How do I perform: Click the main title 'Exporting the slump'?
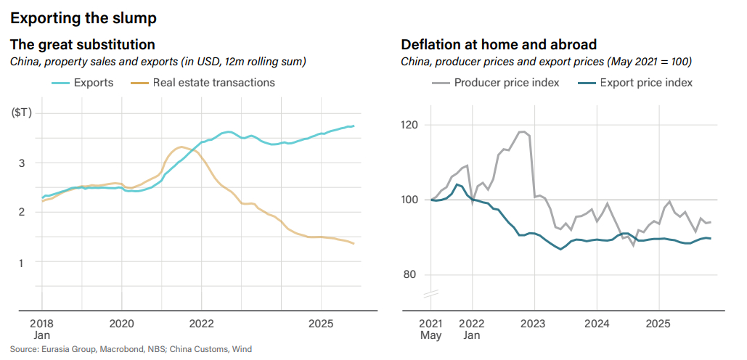(83, 16)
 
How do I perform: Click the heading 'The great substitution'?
(83, 45)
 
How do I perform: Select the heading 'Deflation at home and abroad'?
(499, 45)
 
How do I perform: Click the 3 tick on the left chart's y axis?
(23, 163)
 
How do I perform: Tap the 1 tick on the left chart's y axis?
(23, 262)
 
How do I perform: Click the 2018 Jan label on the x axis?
(41, 328)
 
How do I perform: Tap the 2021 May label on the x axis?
(430, 328)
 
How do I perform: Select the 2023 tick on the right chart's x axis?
(534, 322)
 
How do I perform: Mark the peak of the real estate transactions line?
(181, 147)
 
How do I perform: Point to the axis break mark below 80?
(430, 295)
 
